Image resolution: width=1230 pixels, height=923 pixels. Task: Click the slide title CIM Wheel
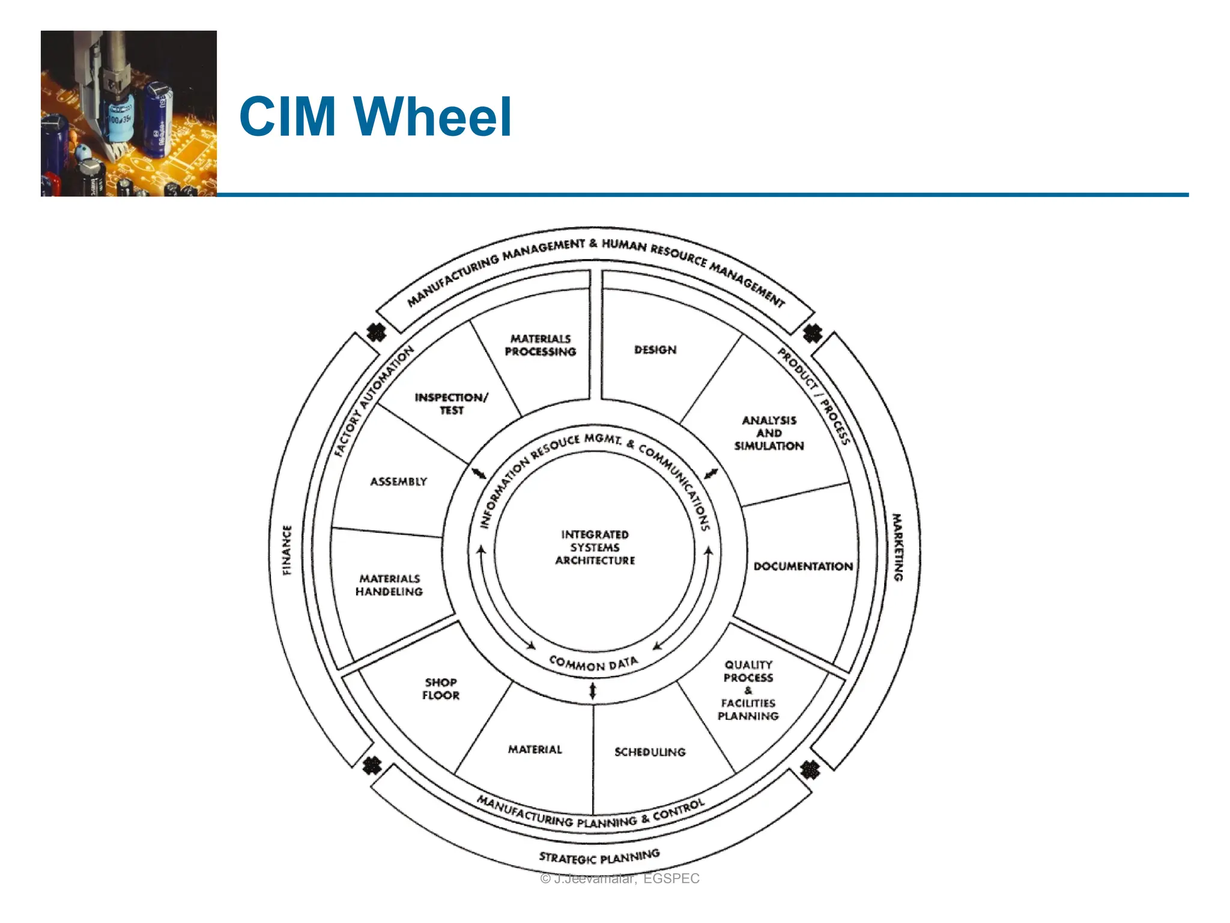click(x=375, y=117)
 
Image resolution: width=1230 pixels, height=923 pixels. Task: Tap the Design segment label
click(x=655, y=350)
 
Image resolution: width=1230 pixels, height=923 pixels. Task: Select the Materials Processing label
click(x=540, y=346)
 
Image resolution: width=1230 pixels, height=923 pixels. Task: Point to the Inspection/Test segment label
click(x=452, y=404)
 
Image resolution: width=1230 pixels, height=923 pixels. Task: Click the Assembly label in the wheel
click(x=398, y=482)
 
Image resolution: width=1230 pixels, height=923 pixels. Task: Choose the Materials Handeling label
click(x=389, y=585)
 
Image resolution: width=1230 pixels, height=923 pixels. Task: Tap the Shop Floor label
click(x=441, y=689)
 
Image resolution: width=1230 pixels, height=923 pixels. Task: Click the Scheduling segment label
click(x=650, y=752)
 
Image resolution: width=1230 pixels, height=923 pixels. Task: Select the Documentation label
click(x=803, y=567)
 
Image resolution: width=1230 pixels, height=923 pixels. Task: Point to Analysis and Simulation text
click(x=769, y=433)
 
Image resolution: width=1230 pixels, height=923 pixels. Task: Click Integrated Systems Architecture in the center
click(x=595, y=547)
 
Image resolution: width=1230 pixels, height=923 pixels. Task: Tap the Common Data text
click(x=593, y=663)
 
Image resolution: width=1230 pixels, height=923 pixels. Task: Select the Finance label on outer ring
click(x=287, y=550)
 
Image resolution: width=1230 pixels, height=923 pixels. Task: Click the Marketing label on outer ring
click(x=897, y=547)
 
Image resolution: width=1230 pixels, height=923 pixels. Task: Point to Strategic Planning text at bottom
click(x=599, y=856)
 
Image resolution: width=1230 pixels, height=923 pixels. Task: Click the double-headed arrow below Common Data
click(x=593, y=690)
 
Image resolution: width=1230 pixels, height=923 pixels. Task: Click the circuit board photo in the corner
click(x=129, y=114)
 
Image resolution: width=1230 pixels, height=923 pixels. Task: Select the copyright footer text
click(x=620, y=879)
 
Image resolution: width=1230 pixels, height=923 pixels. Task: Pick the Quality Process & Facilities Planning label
click(x=748, y=690)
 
